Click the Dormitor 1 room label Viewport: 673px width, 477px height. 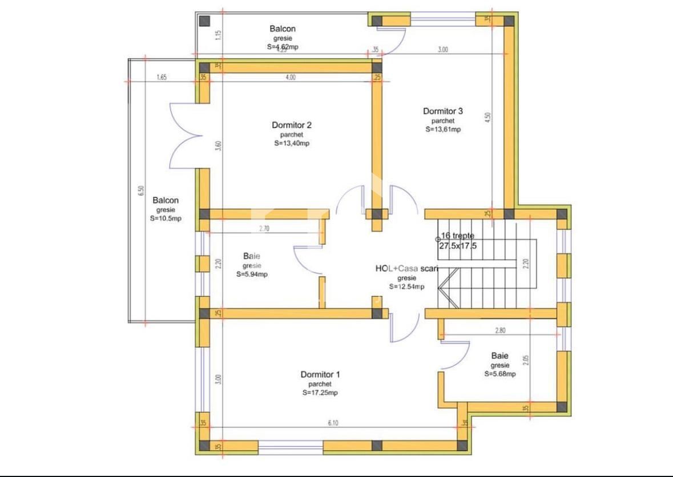[320, 375]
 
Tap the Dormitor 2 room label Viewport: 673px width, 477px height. [292, 125]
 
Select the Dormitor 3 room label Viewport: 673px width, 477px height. [443, 111]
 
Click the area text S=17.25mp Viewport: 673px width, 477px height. [320, 393]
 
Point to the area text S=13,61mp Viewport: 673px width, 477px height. [443, 130]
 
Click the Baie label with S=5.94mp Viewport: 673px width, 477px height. [252, 256]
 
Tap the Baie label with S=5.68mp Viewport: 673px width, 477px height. [499, 356]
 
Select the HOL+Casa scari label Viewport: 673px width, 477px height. [406, 268]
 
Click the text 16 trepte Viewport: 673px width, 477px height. [457, 236]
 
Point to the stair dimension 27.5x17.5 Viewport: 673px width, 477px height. [457, 246]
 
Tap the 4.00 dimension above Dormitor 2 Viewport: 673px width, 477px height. [291, 78]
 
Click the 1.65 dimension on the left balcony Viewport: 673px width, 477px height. [161, 78]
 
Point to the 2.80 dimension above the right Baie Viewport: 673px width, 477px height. [501, 330]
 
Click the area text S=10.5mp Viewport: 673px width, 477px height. [166, 219]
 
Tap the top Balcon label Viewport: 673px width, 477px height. [283, 29]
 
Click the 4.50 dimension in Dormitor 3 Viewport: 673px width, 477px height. [487, 118]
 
